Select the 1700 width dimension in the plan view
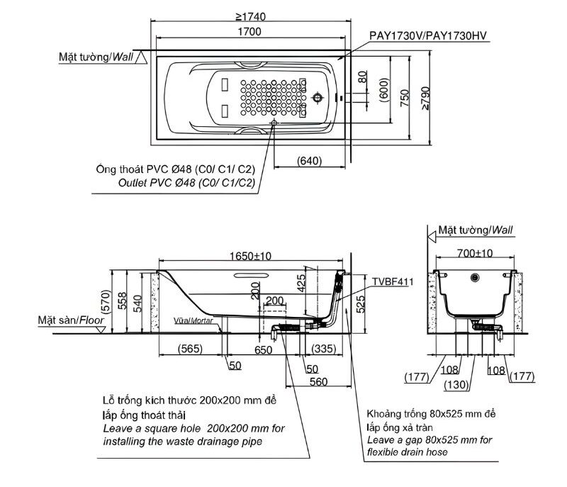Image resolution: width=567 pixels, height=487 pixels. (x=249, y=32)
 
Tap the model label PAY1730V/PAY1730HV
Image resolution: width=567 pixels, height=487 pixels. (x=427, y=35)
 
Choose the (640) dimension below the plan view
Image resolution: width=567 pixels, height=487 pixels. (x=309, y=160)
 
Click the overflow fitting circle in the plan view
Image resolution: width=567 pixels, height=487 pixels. (x=319, y=97)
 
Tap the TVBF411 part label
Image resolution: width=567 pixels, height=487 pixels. (x=393, y=281)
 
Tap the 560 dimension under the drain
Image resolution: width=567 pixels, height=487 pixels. (x=317, y=381)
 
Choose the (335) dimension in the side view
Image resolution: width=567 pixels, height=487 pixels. (x=322, y=349)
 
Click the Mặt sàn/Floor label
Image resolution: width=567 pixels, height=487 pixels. (x=71, y=320)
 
